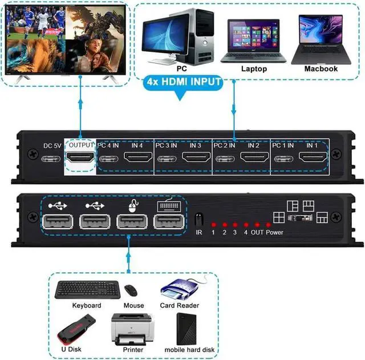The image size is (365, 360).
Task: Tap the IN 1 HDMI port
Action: (311, 159)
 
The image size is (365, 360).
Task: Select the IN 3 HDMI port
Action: (195, 159)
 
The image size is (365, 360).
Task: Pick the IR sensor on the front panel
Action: (199, 220)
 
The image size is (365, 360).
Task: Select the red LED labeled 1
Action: (213, 225)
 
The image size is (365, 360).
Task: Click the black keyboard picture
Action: (87, 290)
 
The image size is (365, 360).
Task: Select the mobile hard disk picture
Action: (189, 327)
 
